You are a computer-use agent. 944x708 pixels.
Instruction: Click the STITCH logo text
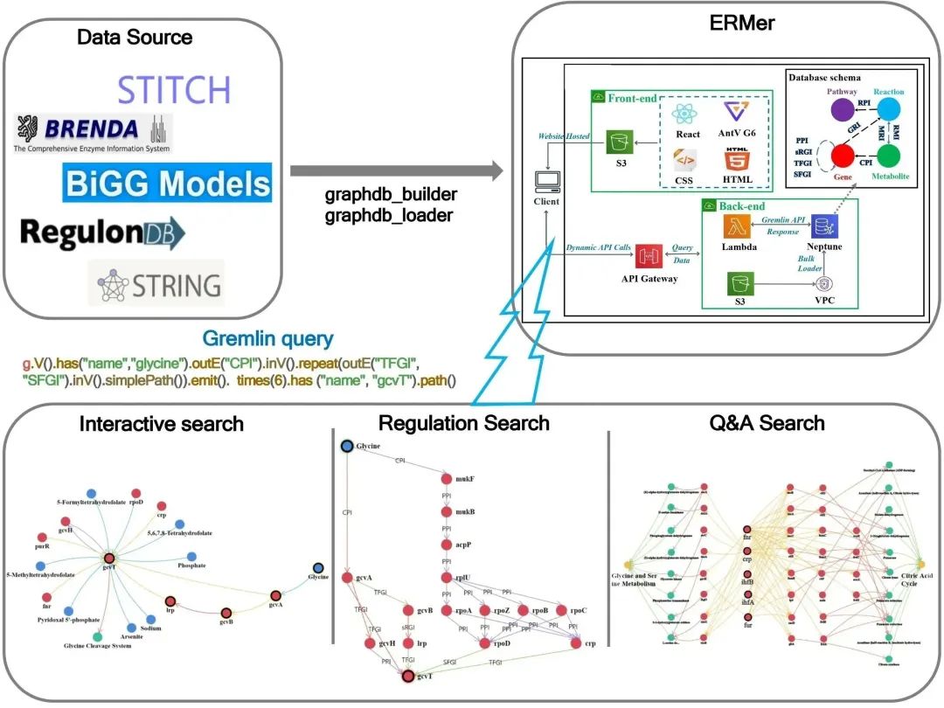pos(174,90)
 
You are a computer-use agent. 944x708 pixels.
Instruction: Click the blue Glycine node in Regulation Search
pos(347,446)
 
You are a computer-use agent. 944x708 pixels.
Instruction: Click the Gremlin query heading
pos(267,339)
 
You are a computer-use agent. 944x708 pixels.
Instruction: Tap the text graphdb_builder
pos(388,196)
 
